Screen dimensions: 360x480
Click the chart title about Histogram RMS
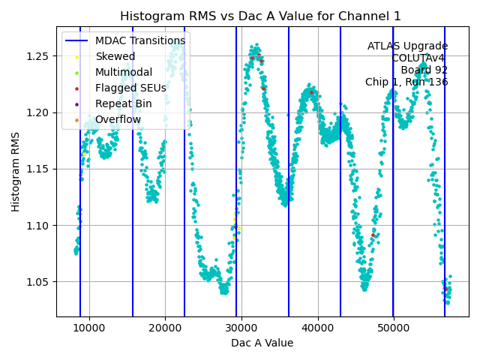pos(260,16)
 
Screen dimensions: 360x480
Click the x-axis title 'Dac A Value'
pos(262,343)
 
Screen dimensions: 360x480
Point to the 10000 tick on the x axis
pos(89,328)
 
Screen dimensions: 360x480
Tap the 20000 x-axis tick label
pos(165,328)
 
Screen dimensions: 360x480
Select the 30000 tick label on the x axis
pos(241,328)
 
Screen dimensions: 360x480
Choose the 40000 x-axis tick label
pos(318,328)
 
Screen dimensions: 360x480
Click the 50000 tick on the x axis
pos(394,328)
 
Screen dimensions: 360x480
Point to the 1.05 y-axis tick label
pos(37,282)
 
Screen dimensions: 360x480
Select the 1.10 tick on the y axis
pos(37,226)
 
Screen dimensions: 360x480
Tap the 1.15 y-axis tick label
pos(37,169)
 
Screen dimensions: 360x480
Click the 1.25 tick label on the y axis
pos(37,56)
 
